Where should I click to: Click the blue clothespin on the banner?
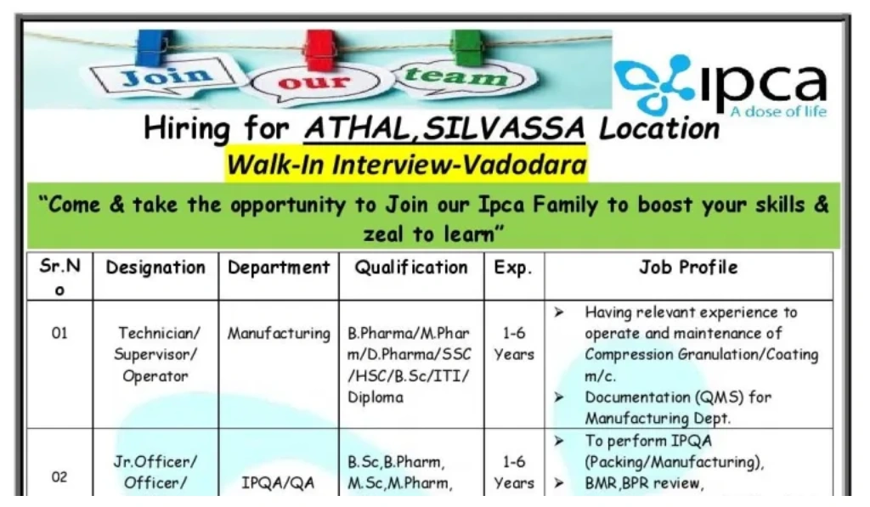coord(155,49)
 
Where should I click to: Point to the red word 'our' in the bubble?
coord(314,83)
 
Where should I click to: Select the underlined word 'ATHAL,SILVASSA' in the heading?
coord(444,128)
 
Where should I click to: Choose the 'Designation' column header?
coord(155,268)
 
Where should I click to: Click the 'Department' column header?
coord(278,268)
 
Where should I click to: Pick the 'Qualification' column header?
coord(411,268)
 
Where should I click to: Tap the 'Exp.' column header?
coord(513,268)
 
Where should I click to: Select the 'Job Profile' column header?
coord(688,268)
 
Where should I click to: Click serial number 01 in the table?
coord(59,333)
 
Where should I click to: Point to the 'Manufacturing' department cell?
coord(278,334)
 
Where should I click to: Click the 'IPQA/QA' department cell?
coord(278,483)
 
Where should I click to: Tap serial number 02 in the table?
coord(59,477)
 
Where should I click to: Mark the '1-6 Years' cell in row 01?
coord(513,343)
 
